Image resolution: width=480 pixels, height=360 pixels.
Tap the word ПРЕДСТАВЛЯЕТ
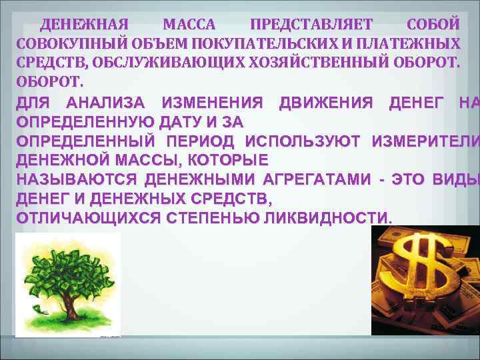coord(311,25)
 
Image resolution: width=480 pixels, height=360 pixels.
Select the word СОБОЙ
coord(432,25)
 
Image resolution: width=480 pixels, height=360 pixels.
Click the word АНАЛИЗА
coord(109,103)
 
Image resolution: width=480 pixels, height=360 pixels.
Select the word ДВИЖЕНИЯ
coord(326,103)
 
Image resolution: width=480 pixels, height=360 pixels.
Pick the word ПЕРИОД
coord(201,141)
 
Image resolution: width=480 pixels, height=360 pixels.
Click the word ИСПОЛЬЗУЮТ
coord(303,141)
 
